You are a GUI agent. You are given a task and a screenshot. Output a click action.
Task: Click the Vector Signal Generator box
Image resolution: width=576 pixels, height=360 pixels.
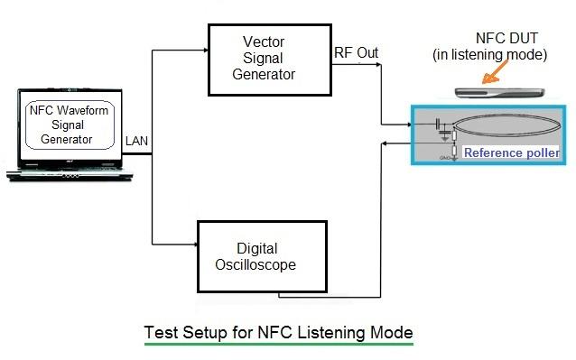269,59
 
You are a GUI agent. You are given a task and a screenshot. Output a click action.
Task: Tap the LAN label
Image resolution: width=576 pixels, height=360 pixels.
136,142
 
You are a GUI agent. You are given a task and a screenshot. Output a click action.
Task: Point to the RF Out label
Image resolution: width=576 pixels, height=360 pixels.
356,53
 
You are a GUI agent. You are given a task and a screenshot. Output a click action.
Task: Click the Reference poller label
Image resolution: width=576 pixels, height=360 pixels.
511,152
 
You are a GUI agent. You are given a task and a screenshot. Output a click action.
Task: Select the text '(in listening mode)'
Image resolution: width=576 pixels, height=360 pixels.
488,55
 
